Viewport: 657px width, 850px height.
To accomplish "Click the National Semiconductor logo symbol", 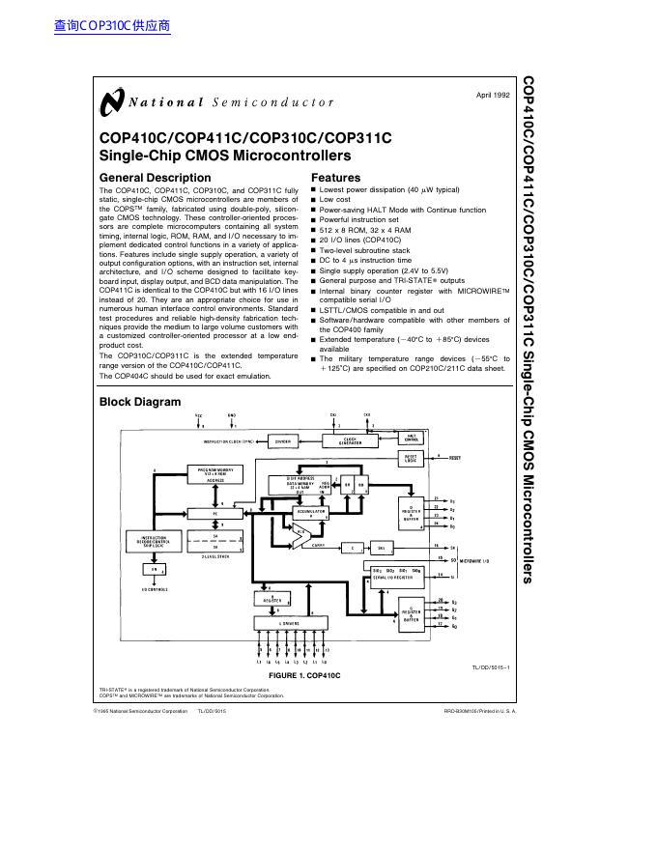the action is pyautogui.click(x=111, y=101).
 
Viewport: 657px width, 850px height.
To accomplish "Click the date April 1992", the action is pyautogui.click(x=493, y=95).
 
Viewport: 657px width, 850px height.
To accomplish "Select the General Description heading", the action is pyautogui.click(x=155, y=178).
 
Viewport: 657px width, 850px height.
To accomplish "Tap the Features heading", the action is pyautogui.click(x=335, y=178).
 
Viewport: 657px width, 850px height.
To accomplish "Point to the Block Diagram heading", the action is pyautogui.click(x=140, y=402).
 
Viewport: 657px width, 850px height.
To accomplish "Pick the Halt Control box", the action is pyautogui.click(x=411, y=438).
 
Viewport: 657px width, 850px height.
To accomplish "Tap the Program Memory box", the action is pyautogui.click(x=214, y=473).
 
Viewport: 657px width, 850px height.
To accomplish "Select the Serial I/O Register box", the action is pyautogui.click(x=397, y=576).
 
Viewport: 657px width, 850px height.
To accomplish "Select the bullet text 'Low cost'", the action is pyautogui.click(x=335, y=200).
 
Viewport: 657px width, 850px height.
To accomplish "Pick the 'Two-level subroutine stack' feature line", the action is pyautogui.click(x=364, y=250).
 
